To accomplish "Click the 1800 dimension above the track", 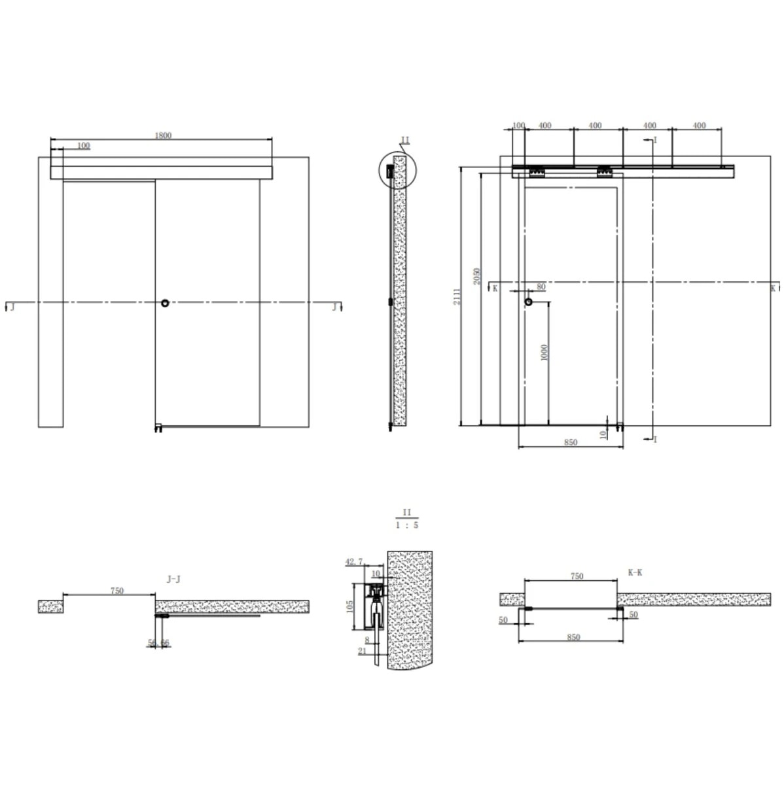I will (x=163, y=135).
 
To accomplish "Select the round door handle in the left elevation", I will (x=165, y=303).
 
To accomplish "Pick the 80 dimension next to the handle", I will (x=541, y=287).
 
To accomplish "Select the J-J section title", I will (x=174, y=578).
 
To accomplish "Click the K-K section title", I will (x=635, y=572).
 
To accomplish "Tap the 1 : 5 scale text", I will (x=406, y=525).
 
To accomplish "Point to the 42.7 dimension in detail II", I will (x=353, y=562).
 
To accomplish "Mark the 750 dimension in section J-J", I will (x=116, y=591).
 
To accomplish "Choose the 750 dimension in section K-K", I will (x=577, y=576).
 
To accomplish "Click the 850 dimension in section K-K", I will (x=573, y=637).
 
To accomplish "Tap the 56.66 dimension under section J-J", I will (x=158, y=643).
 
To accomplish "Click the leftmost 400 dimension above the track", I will (x=544, y=126).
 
